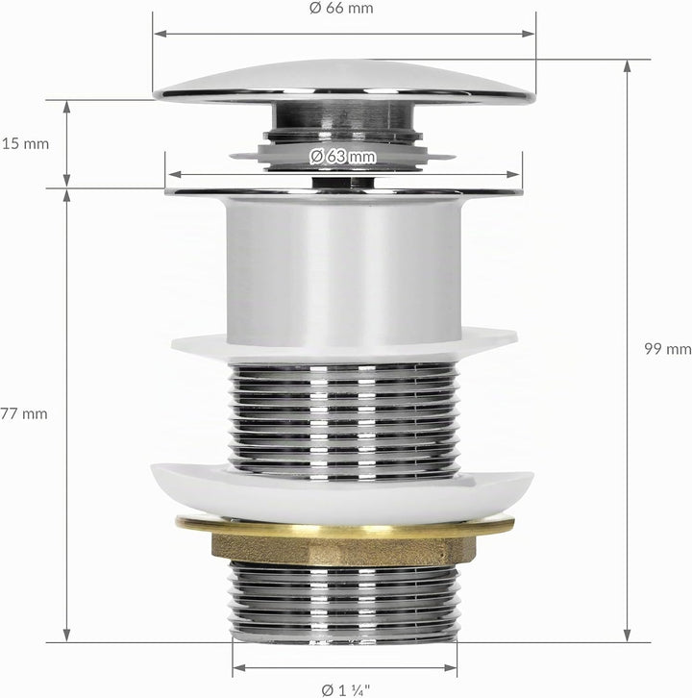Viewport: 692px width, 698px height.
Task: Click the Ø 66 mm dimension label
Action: (341, 8)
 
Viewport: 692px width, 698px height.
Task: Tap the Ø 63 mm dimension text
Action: (343, 157)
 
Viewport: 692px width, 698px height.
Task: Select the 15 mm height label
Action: (25, 144)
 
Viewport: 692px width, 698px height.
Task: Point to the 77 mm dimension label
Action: (24, 413)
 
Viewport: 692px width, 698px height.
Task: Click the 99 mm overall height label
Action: (668, 349)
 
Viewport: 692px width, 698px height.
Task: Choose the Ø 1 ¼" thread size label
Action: (345, 690)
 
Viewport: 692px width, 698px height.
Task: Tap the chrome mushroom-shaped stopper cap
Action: (345, 83)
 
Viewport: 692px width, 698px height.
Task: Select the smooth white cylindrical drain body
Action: (343, 271)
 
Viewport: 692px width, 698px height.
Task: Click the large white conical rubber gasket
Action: (342, 494)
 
